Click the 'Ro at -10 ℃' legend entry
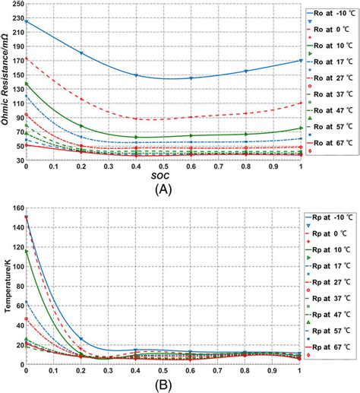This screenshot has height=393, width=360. click(x=331, y=12)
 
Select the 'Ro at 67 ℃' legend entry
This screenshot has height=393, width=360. click(x=331, y=142)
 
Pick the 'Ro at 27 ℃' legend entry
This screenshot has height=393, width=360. click(x=331, y=77)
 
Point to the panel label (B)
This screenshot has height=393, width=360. click(x=164, y=385)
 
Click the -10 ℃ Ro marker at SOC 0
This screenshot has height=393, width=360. click(x=27, y=21)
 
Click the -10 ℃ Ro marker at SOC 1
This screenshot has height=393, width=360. click(x=302, y=61)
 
